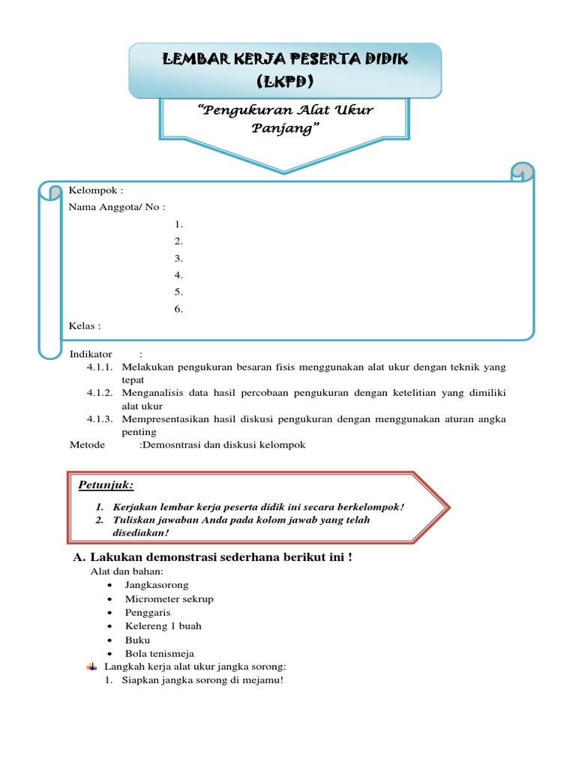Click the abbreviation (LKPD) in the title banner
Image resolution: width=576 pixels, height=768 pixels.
[285, 81]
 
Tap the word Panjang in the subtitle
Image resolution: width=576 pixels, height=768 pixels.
[284, 128]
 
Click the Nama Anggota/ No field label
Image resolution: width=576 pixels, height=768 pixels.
[116, 207]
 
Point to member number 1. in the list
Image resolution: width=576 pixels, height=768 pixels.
[178, 224]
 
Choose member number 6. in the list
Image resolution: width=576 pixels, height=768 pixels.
[178, 309]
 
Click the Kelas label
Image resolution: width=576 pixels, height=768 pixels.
[84, 326]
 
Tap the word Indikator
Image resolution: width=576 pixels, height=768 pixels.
[91, 354]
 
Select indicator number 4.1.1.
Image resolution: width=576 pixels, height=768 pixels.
[99, 367]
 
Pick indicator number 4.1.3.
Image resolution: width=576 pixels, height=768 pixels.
[99, 419]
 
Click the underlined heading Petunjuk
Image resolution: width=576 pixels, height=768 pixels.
[106, 485]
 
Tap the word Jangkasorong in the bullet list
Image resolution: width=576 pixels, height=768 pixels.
[157, 585]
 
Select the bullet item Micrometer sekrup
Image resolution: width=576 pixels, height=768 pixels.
[169, 598]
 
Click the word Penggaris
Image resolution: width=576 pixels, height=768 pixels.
[148, 612]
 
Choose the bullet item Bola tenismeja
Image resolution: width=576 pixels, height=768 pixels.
[159, 653]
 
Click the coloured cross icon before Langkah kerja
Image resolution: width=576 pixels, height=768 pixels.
[91, 666]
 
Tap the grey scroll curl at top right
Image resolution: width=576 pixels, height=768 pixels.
[523, 173]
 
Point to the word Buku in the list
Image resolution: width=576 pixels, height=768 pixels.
[137, 640]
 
